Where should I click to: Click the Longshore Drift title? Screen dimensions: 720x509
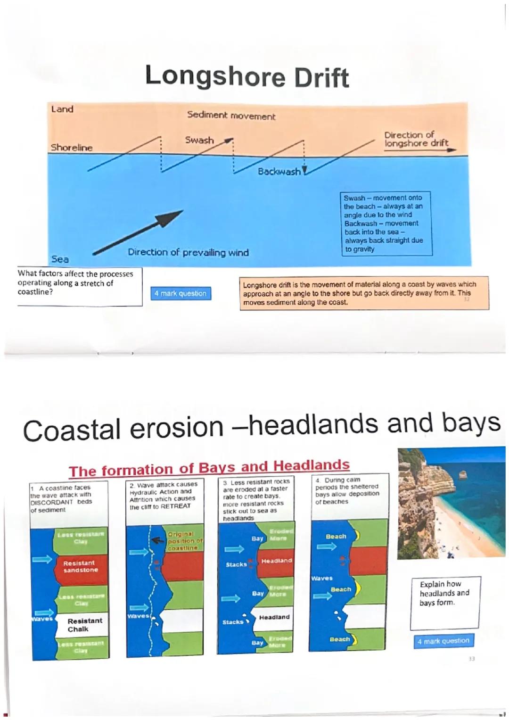(246, 77)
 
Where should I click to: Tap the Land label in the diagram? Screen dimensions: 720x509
(62, 109)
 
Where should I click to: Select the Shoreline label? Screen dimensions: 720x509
(72, 148)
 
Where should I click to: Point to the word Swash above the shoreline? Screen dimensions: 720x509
(199, 141)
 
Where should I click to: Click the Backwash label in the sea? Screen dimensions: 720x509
(279, 172)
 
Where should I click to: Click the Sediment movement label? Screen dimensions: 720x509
(231, 116)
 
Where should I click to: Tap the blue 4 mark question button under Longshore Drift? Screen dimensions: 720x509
(181, 293)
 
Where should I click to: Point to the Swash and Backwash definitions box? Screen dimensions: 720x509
(385, 223)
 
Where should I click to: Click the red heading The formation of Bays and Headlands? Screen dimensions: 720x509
(209, 468)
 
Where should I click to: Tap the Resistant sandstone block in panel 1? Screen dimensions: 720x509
(81, 566)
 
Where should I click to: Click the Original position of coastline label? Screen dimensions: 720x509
(185, 541)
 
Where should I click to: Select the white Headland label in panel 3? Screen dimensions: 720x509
(274, 617)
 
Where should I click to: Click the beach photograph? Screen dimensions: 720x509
(451, 503)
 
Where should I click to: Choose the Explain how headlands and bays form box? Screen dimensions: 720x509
(445, 603)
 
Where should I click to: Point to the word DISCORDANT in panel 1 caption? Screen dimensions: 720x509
(52, 502)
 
